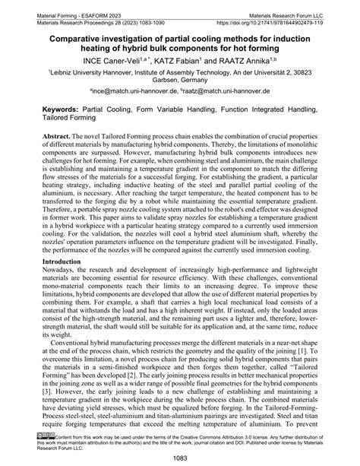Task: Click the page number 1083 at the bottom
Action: (x=180, y=457)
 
